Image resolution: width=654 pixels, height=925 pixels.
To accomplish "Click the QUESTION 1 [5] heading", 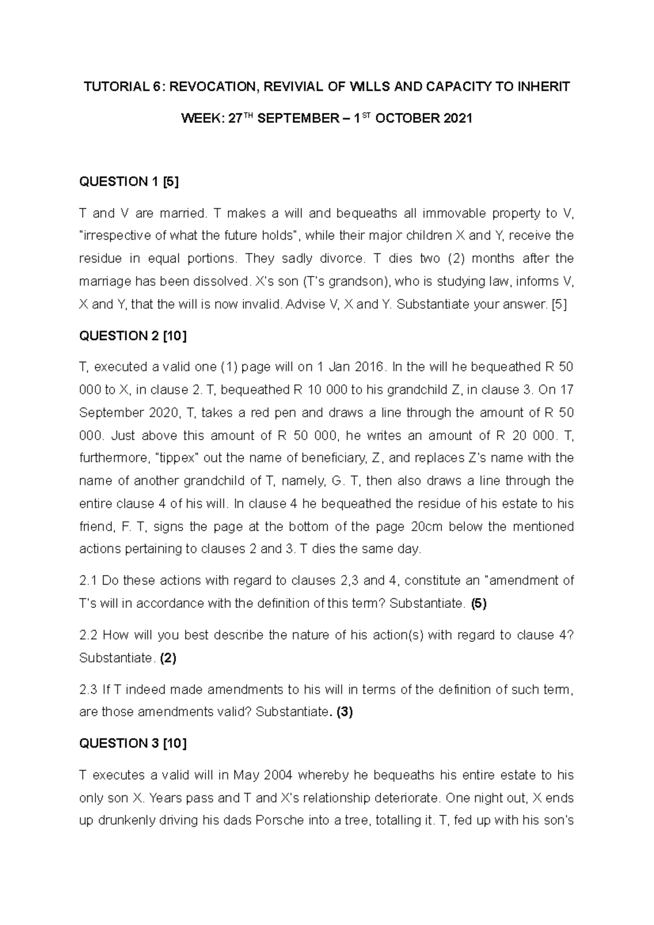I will point(129,182).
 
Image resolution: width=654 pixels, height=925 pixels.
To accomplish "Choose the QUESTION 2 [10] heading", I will point(132,336).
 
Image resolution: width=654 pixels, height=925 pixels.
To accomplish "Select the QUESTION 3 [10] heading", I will point(132,744).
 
